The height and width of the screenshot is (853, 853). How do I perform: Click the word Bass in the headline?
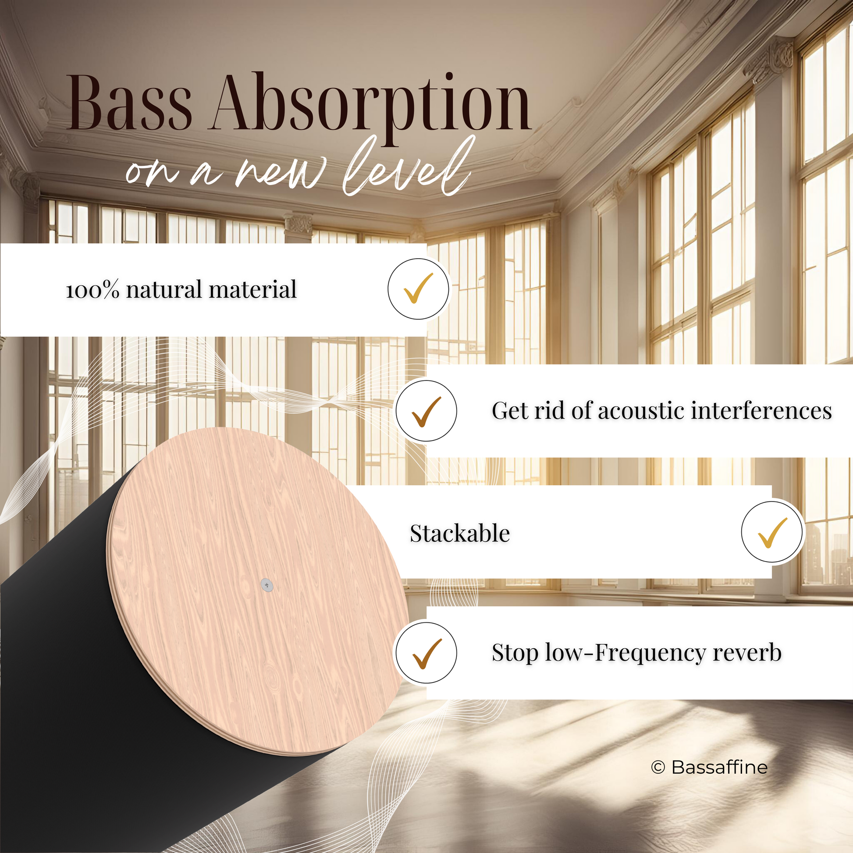tap(129, 103)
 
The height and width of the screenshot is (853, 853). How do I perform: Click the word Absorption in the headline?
tap(371, 108)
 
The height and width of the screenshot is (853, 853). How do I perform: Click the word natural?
tap(164, 290)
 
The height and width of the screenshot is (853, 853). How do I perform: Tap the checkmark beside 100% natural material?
tap(419, 288)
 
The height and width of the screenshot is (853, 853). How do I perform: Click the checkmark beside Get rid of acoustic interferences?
tap(426, 411)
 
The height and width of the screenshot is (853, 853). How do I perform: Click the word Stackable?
tap(460, 533)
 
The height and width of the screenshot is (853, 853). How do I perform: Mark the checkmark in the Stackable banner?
tap(773, 533)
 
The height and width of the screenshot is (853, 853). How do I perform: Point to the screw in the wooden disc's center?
tap(267, 585)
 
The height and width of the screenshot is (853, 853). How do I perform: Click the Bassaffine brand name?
tap(720, 768)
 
